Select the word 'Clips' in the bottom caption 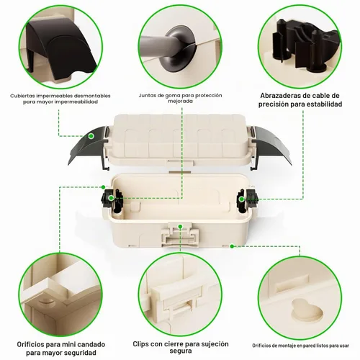pyautogui.click(x=141, y=344)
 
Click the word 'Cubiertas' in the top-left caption pyautogui.click(x=22, y=96)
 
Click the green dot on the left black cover pyautogui.click(x=91, y=136)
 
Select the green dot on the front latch pyautogui.click(x=180, y=226)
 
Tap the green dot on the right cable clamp pyautogui.click(x=242, y=199)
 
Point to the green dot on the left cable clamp pyautogui.click(x=111, y=198)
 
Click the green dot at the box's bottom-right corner pyautogui.click(x=232, y=246)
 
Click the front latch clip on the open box pyautogui.click(x=180, y=235)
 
